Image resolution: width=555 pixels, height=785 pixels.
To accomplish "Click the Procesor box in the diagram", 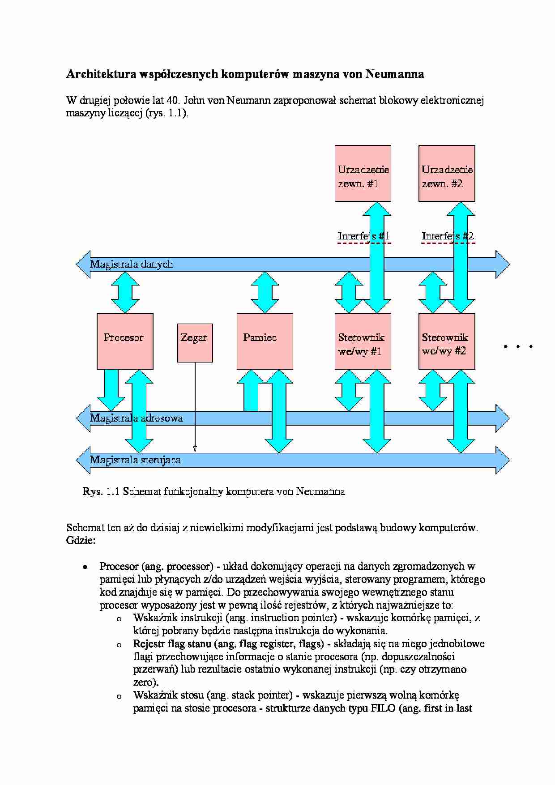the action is [x=125, y=341].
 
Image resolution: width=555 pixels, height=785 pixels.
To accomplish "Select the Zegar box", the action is [x=195, y=343].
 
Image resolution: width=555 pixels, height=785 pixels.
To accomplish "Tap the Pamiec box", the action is [x=265, y=341].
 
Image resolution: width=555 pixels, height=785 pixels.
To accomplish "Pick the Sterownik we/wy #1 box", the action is [x=363, y=341].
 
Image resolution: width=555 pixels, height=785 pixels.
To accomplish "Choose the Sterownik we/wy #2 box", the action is [x=447, y=341].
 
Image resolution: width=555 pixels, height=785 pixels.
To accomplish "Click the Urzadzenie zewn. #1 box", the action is [x=363, y=173].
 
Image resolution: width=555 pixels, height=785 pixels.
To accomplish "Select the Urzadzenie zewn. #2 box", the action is [x=447, y=173].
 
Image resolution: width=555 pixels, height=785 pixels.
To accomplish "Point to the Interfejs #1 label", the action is [x=363, y=236].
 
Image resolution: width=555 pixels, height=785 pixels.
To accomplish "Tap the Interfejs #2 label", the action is [x=448, y=236].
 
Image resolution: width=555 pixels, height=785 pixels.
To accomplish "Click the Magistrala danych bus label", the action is [x=132, y=264].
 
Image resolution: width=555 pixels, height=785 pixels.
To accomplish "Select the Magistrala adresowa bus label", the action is [x=137, y=418].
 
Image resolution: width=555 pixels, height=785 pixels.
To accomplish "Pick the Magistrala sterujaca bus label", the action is [x=135, y=460].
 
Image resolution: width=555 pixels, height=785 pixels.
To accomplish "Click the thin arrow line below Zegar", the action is [x=195, y=406].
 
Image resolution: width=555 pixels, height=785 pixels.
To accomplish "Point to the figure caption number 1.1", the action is [x=113, y=491].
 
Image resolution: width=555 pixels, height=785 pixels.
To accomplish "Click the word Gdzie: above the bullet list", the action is [x=81, y=541].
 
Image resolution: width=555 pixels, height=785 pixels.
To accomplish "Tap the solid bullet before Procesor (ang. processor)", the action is [x=84, y=567].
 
